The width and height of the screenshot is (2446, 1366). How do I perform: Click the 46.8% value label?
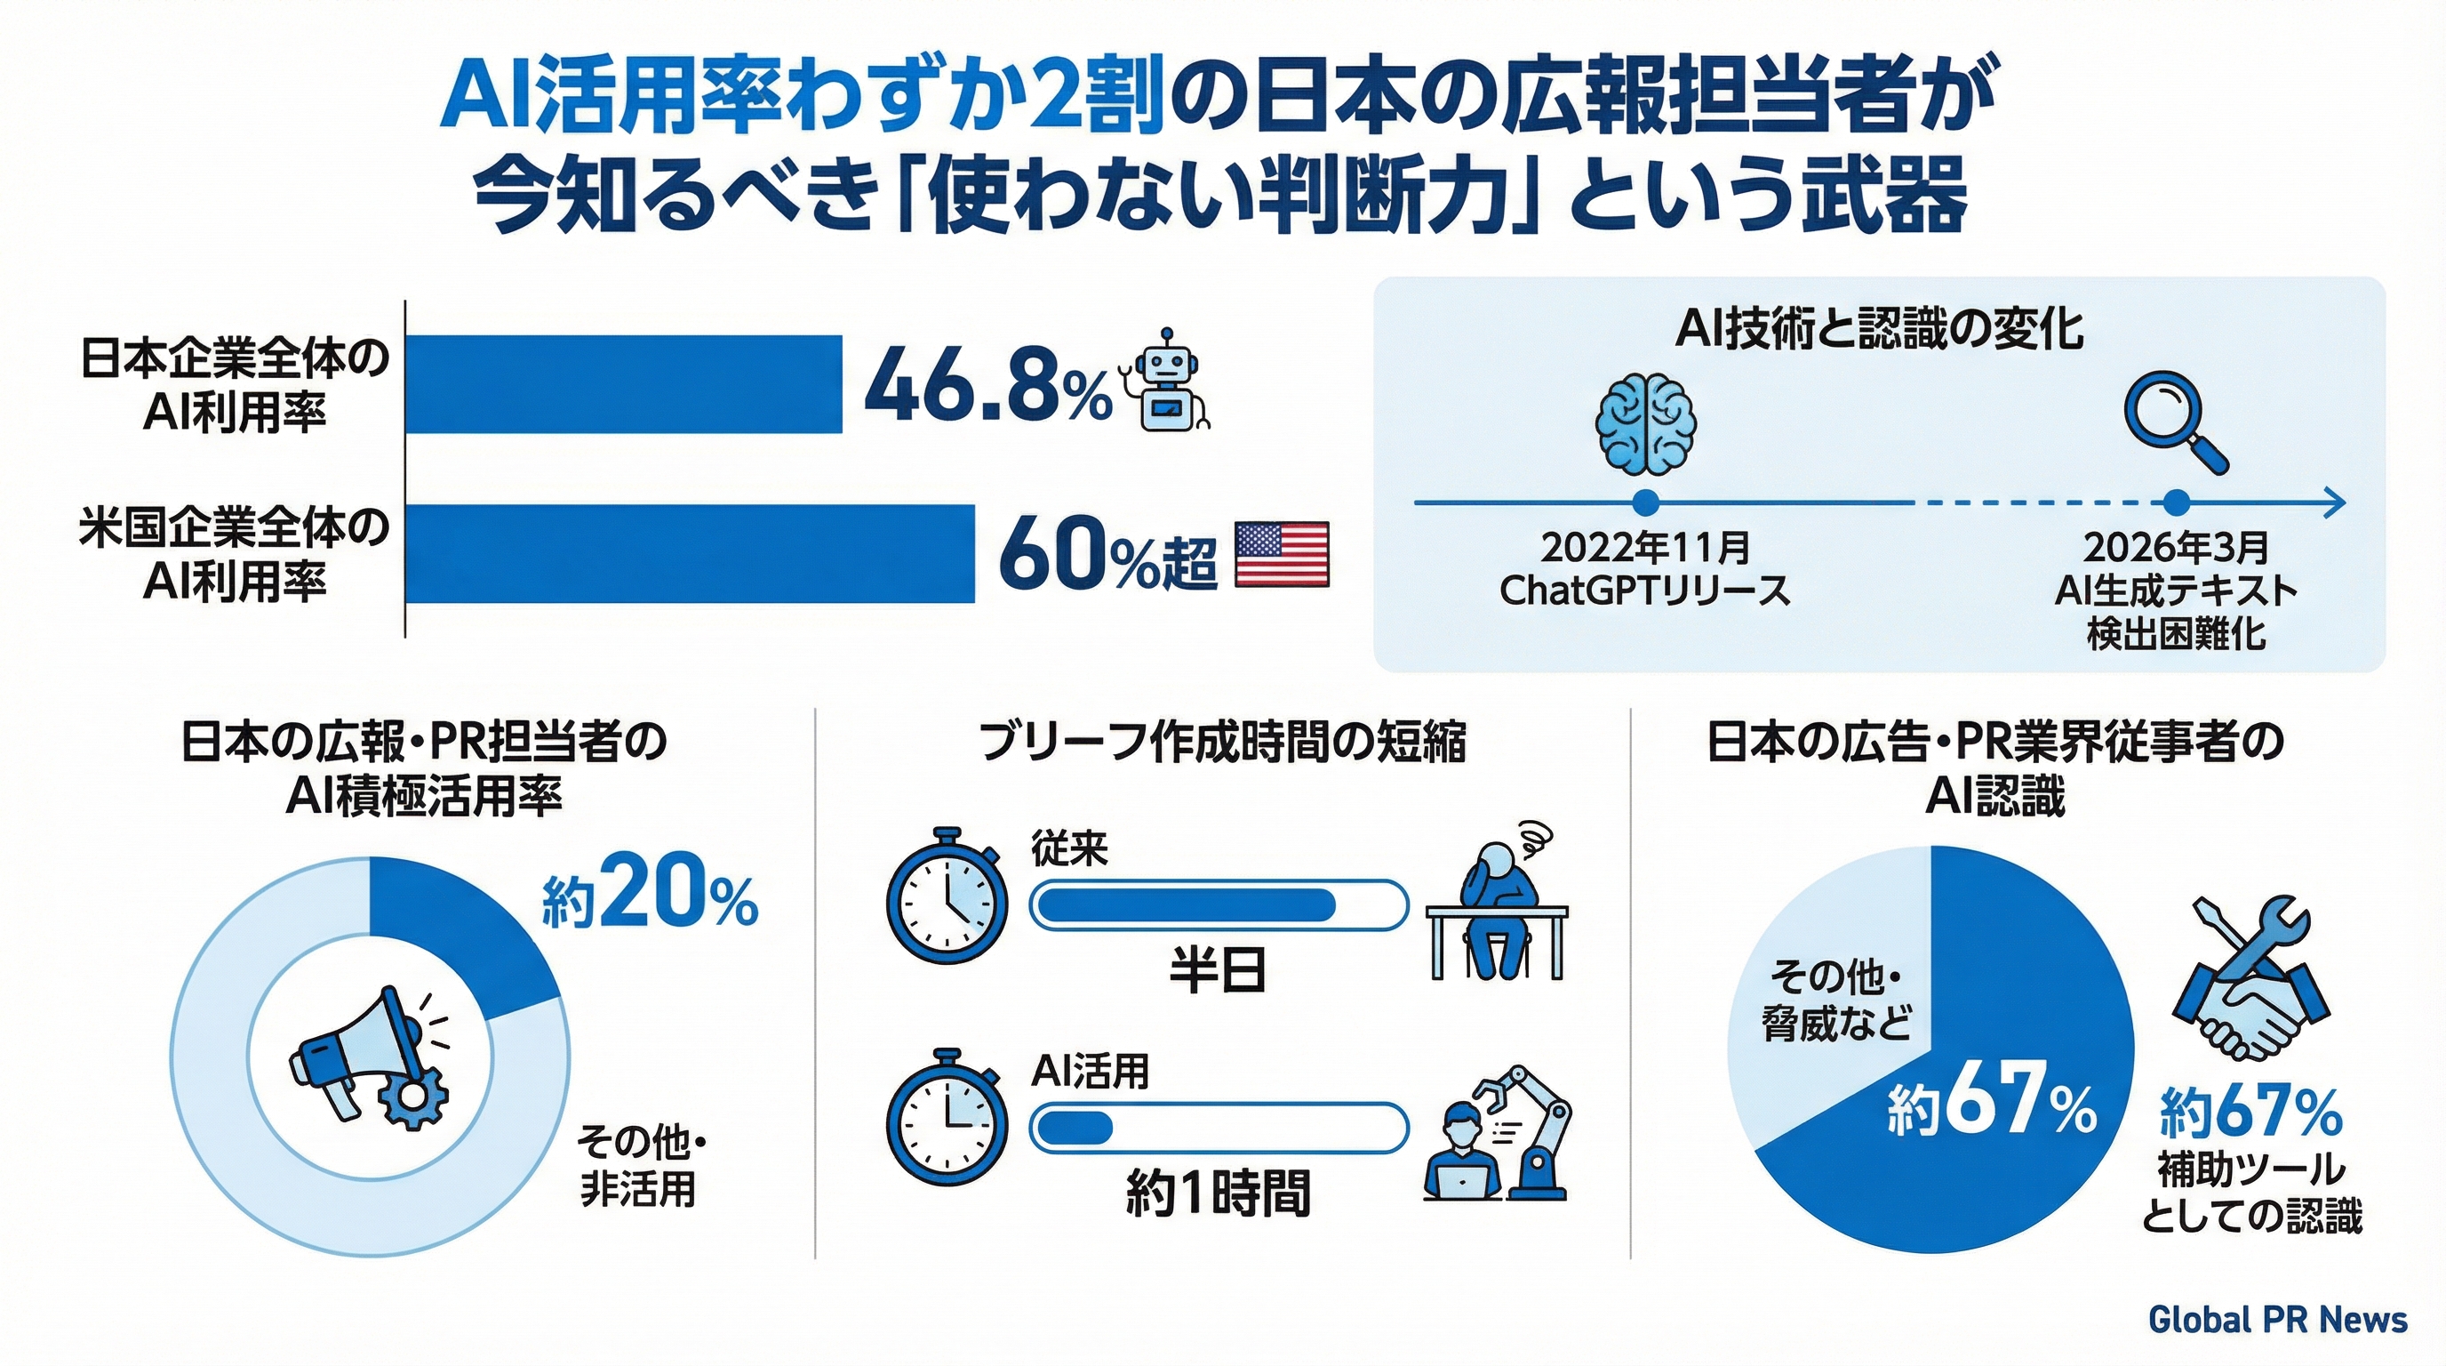987,386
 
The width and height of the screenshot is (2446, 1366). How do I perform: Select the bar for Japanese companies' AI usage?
624,384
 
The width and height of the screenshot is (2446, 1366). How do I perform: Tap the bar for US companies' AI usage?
691,554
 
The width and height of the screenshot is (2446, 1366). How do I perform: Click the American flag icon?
1281,554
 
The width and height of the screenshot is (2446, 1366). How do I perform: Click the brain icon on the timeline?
1645,423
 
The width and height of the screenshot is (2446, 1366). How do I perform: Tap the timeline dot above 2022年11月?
1645,502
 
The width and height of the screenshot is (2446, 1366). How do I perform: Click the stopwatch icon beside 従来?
947,896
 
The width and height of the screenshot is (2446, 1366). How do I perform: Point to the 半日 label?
1218,971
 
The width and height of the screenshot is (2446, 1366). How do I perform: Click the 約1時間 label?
1218,1193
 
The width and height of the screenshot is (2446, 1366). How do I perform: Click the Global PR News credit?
2276,1319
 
